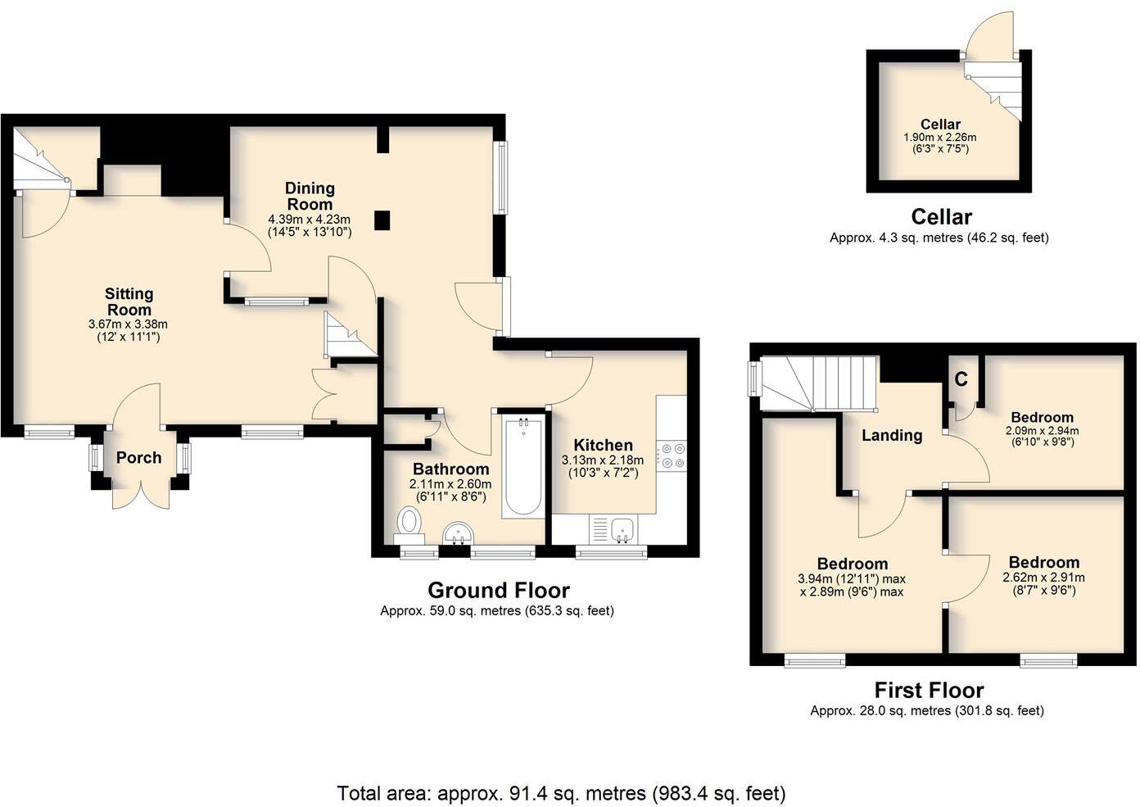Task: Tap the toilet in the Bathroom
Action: click(x=409, y=523)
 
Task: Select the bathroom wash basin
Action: click(x=459, y=533)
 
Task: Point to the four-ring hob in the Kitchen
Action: click(x=674, y=456)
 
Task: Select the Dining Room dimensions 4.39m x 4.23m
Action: click(x=309, y=220)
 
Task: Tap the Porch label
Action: click(x=138, y=458)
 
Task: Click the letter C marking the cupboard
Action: click(x=961, y=379)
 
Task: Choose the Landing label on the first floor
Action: click(x=892, y=435)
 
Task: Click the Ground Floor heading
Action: click(x=498, y=590)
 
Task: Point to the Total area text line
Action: click(x=561, y=793)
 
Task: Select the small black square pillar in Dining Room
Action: click(x=382, y=220)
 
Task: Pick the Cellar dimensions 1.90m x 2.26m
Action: click(x=939, y=138)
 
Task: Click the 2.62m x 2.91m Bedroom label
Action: click(x=1043, y=562)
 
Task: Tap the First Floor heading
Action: click(x=929, y=690)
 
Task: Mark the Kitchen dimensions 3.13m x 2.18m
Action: click(x=602, y=460)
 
